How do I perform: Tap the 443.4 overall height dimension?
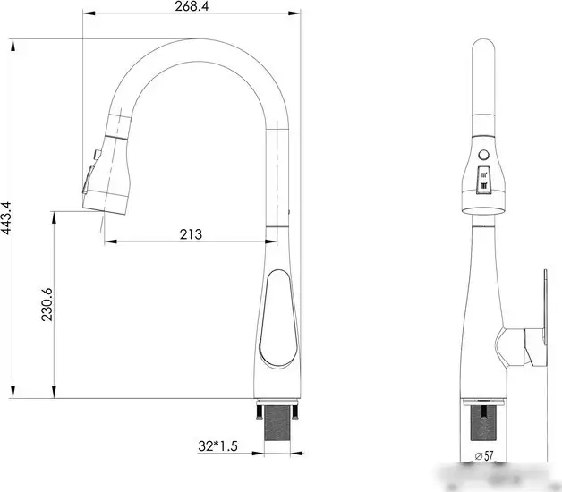(7, 217)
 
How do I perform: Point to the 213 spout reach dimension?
(190, 234)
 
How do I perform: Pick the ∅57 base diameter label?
(485, 457)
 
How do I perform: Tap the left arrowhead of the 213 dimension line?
(107, 242)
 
